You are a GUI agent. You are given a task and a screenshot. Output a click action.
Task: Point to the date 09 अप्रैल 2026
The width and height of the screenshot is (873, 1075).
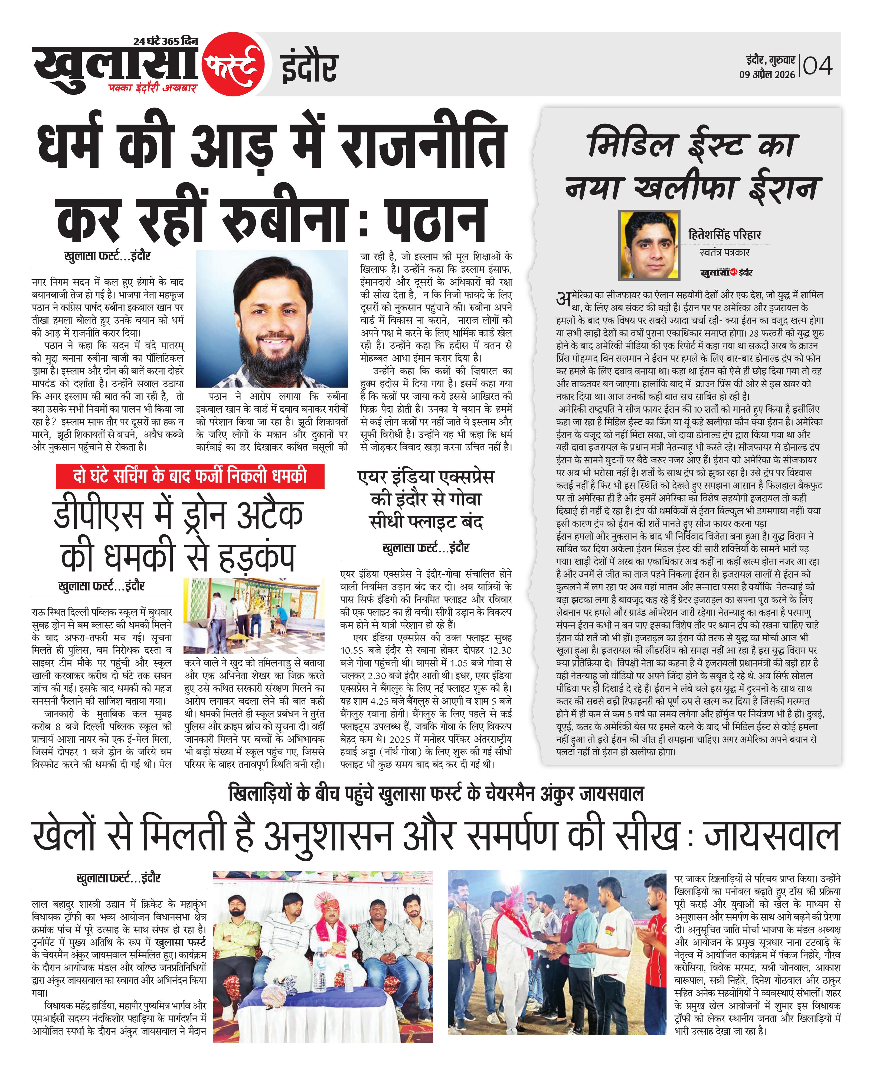point(767,74)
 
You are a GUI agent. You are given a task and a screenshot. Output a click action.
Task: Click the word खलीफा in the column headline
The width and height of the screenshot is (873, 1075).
point(686,189)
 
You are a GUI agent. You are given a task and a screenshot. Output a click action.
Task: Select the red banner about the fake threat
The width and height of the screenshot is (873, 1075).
point(190,476)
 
